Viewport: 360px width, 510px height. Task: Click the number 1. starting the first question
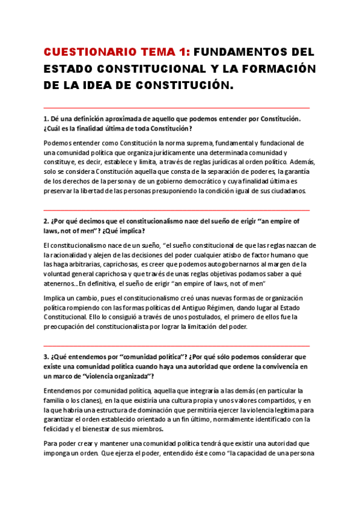pos(47,119)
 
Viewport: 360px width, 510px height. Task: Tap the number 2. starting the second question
pos(47,221)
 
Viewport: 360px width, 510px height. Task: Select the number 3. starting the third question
pos(47,357)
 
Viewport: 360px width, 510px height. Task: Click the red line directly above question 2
pos(177,210)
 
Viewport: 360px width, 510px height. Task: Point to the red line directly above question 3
pos(177,346)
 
